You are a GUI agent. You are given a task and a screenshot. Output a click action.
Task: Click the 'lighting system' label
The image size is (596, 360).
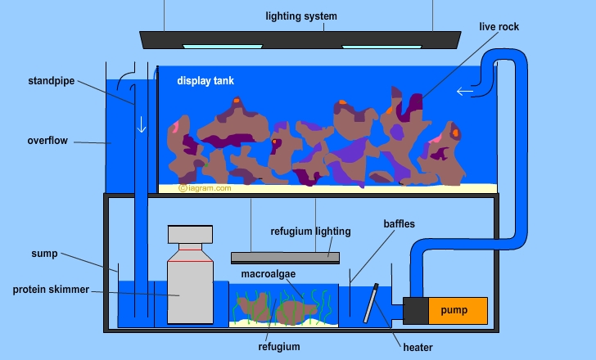click(300, 16)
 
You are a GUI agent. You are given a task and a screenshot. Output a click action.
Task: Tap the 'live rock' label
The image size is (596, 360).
click(499, 27)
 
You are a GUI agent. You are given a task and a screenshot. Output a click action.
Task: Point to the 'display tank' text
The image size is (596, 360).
click(205, 81)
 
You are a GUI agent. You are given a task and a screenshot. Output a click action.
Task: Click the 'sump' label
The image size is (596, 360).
click(45, 254)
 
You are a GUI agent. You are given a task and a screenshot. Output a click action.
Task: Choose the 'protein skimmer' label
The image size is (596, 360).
click(50, 290)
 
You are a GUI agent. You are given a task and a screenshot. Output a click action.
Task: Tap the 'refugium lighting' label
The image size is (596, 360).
click(310, 232)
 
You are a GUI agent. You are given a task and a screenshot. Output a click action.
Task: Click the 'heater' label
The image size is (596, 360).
click(418, 347)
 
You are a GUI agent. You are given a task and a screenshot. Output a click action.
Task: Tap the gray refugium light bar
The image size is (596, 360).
click(285, 257)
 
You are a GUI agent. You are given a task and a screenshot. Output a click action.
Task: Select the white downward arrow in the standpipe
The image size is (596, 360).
click(141, 125)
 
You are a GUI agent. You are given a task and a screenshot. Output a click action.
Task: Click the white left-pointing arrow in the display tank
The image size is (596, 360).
click(464, 92)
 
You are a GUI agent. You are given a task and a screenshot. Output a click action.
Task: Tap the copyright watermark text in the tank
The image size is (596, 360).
click(205, 187)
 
